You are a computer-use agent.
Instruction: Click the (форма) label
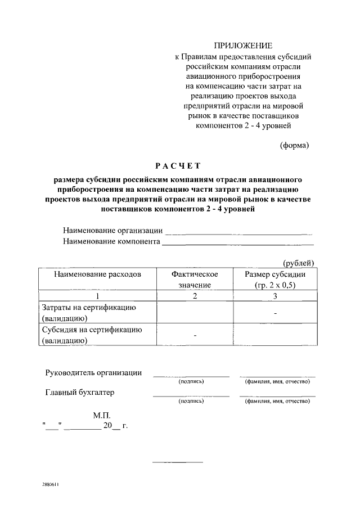pos(294,145)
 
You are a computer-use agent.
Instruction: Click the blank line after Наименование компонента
pos(237,242)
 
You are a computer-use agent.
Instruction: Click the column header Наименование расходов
pos(97,274)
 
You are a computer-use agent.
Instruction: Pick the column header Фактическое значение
pos(195,280)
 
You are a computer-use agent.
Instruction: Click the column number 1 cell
pos(97,296)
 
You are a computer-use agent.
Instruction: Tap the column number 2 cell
pos(195,296)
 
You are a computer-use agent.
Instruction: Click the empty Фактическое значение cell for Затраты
pos(195,313)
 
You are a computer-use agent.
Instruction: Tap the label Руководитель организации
pos(93,373)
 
